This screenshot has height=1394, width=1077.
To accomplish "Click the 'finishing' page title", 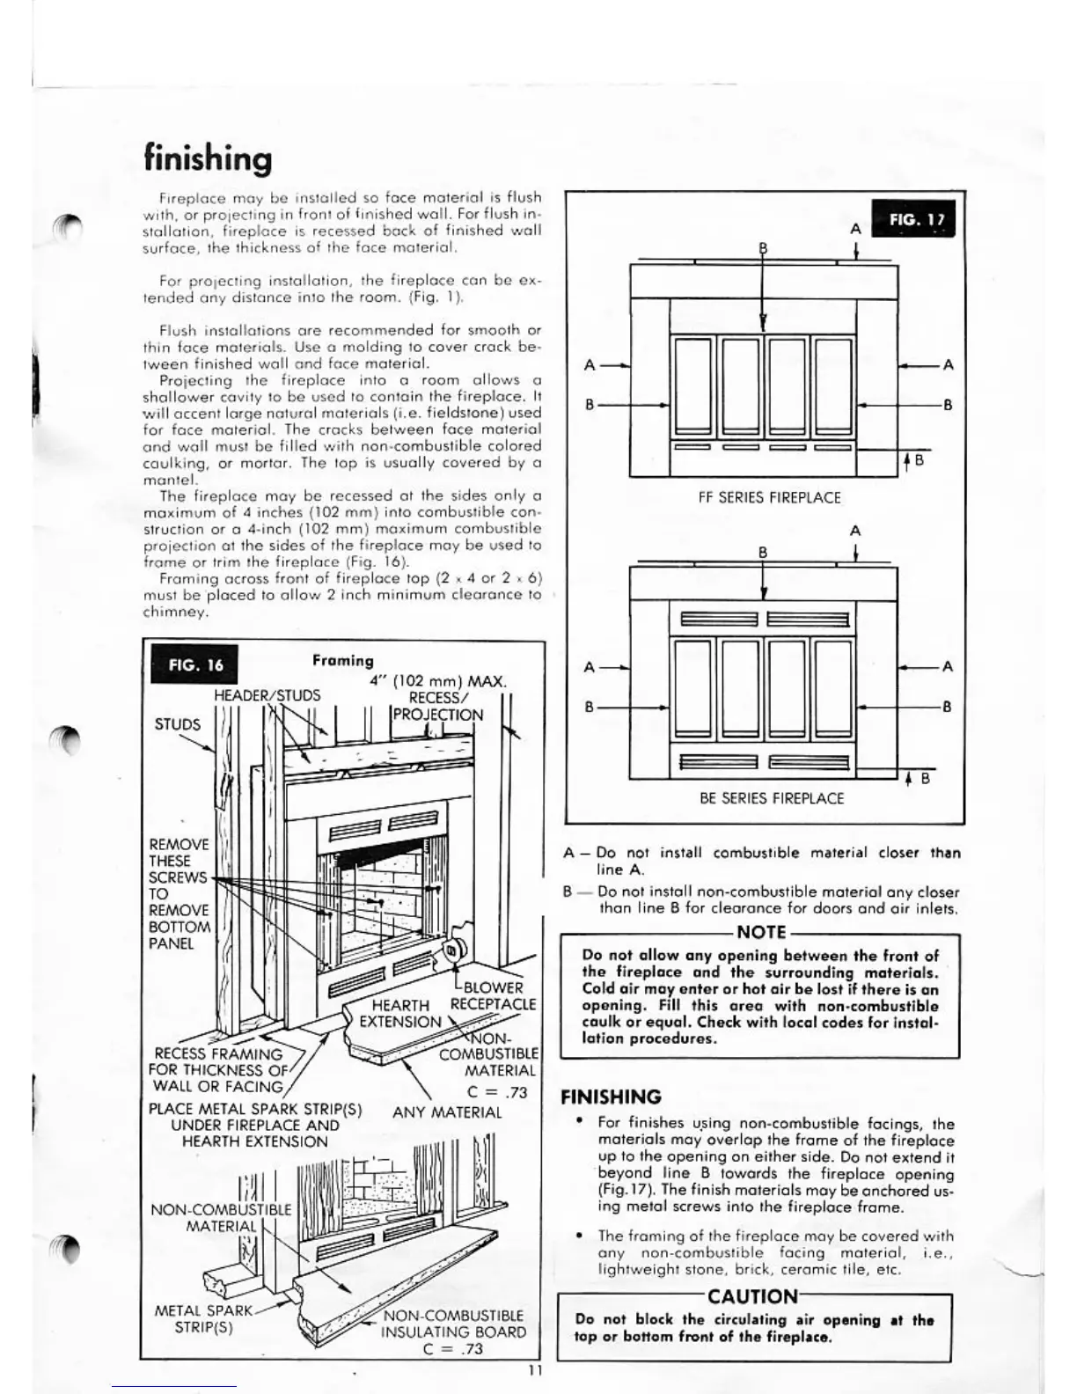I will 208,159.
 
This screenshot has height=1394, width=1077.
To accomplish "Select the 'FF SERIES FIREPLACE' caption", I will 770,497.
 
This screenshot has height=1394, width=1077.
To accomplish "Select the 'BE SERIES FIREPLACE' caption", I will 772,798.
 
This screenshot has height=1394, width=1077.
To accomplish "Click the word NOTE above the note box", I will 761,932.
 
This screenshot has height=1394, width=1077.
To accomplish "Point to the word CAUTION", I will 752,1296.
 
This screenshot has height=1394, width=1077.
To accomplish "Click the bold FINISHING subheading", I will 611,1097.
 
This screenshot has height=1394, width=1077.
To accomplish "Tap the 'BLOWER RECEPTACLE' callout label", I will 492,995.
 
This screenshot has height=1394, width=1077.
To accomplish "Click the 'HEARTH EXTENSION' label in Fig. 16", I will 400,1013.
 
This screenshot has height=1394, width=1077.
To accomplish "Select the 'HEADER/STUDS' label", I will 267,695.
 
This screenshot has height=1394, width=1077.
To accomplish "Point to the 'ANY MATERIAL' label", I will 447,1112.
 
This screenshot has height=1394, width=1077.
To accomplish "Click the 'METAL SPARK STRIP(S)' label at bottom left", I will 203,1318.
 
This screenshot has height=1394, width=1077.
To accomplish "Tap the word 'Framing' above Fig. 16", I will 342,660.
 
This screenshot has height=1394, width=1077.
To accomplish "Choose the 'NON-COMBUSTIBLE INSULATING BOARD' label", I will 452,1331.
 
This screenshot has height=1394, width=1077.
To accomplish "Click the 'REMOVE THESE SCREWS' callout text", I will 179,893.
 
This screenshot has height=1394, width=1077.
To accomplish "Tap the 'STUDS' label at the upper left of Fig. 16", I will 178,724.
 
